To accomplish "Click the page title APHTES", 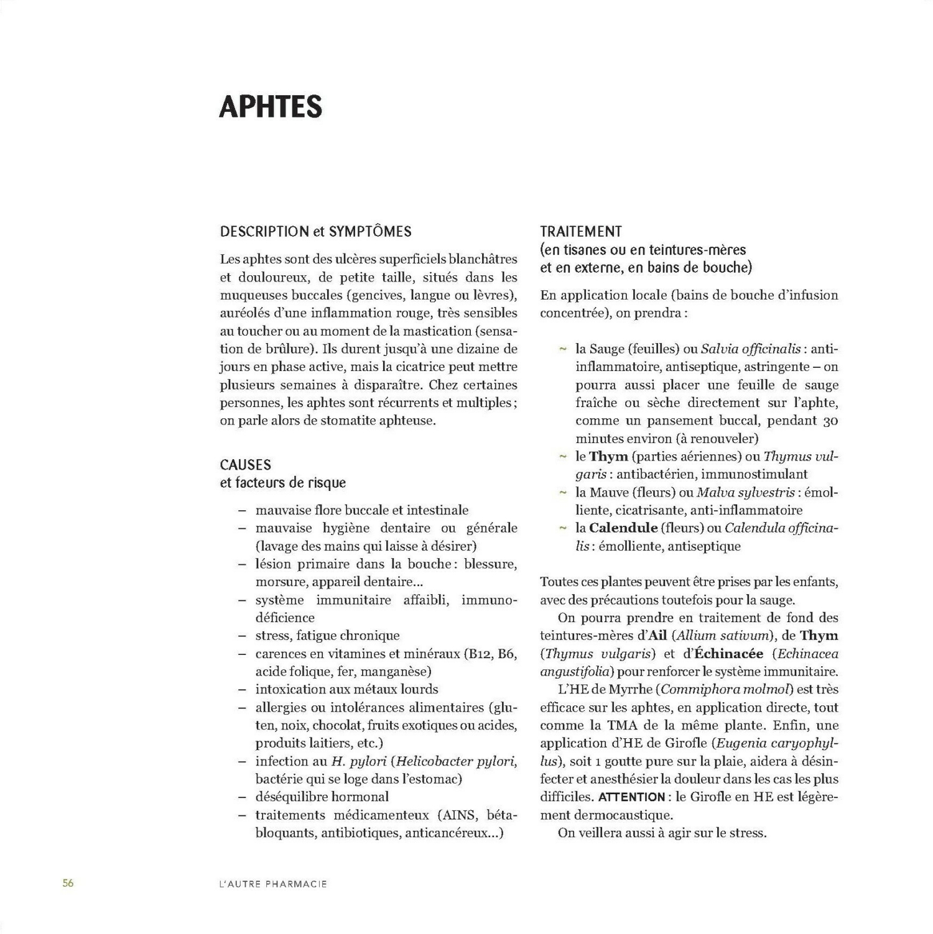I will [x=271, y=107].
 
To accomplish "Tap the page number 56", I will [x=68, y=883].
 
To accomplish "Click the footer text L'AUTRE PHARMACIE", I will [x=269, y=884].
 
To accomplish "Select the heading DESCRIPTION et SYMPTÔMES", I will [x=315, y=232].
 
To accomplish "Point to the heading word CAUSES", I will [x=245, y=465].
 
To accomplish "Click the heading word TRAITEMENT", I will [x=581, y=232].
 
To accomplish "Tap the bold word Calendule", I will [x=623, y=528].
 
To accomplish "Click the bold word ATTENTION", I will [x=631, y=797].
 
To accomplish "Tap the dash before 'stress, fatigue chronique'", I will [x=242, y=636].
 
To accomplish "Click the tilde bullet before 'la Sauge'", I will [x=562, y=349].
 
